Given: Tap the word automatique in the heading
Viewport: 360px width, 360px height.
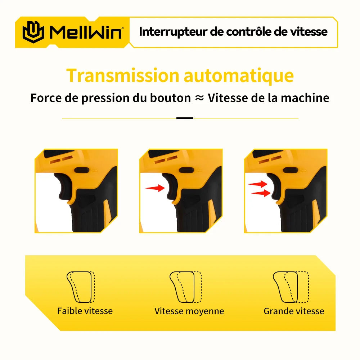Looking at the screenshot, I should (x=239, y=76).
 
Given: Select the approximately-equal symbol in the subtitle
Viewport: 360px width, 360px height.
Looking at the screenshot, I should (x=199, y=98).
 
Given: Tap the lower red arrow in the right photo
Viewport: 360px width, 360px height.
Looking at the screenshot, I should (x=261, y=193).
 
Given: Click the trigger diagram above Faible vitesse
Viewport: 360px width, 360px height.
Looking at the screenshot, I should (x=81, y=287).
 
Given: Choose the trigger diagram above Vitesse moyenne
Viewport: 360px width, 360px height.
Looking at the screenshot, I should (x=185, y=287).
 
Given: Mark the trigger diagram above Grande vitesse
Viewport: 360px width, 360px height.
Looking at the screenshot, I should (x=291, y=287).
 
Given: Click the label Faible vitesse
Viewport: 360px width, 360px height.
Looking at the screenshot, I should (x=85, y=311).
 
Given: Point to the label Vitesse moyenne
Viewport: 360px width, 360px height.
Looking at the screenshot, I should (x=189, y=311).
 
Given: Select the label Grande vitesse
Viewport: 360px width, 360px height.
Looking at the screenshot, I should (x=294, y=311).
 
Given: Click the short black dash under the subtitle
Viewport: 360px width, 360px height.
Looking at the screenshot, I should (x=185, y=118).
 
